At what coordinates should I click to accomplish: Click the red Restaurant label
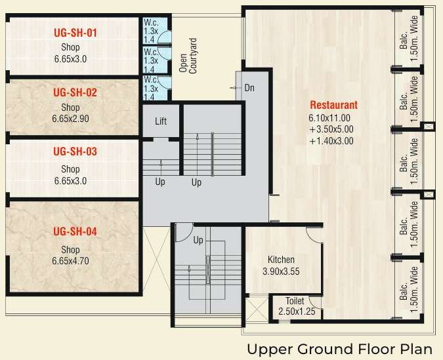[x=333, y=105]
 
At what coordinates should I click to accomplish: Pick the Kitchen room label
[x=281, y=260]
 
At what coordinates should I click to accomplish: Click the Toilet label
[x=295, y=301]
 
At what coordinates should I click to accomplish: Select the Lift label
[x=161, y=121]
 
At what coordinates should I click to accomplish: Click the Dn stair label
[x=249, y=88]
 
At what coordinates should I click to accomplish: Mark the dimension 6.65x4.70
[x=70, y=261]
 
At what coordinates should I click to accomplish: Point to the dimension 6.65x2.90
[x=70, y=119]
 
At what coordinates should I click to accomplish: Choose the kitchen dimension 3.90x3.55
[x=281, y=271]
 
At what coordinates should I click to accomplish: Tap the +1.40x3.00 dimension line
[x=331, y=140]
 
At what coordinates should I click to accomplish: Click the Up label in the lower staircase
[x=198, y=240]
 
